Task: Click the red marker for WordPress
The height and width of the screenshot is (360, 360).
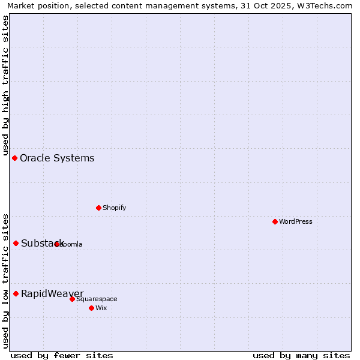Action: [275, 221]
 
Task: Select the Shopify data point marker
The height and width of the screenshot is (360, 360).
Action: [98, 208]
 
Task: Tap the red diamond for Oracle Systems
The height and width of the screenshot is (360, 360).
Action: [14, 158]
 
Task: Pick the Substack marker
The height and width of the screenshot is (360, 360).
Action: [16, 243]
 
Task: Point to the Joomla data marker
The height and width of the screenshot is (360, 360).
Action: [57, 244]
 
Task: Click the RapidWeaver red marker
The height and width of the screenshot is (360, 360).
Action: [16, 293]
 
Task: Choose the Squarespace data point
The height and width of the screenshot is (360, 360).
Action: [72, 299]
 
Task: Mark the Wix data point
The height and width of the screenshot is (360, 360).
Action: [91, 308]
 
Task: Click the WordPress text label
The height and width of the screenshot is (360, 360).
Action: [296, 221]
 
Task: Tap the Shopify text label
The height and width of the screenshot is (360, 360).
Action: [114, 208]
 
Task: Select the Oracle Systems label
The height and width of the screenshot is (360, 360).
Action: [57, 158]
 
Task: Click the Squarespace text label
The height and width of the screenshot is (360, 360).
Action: [97, 299]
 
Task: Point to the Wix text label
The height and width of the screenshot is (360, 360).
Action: [101, 308]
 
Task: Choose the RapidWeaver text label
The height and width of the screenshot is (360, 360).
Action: [52, 293]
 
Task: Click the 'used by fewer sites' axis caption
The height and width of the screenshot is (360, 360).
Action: [62, 355]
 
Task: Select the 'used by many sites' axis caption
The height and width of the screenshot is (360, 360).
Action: [301, 355]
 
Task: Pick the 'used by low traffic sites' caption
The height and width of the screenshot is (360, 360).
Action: [5, 281]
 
